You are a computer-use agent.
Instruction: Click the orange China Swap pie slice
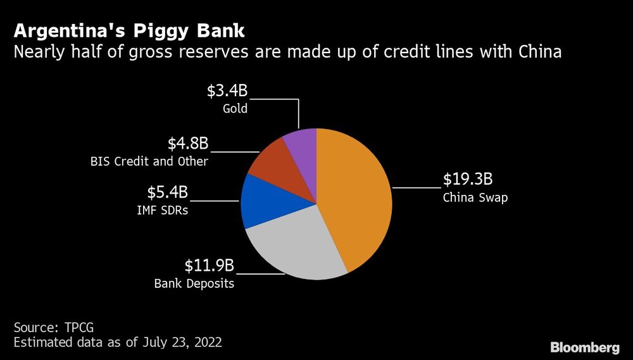tap(354, 196)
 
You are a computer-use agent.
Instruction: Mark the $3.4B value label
tap(227, 90)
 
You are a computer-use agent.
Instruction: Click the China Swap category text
tap(475, 197)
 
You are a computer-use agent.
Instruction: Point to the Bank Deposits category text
tap(194, 283)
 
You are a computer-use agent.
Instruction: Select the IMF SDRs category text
tap(164, 210)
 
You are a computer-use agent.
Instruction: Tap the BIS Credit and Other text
tap(149, 161)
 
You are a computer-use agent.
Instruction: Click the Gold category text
tap(235, 109)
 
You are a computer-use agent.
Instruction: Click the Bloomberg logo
tap(584, 347)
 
